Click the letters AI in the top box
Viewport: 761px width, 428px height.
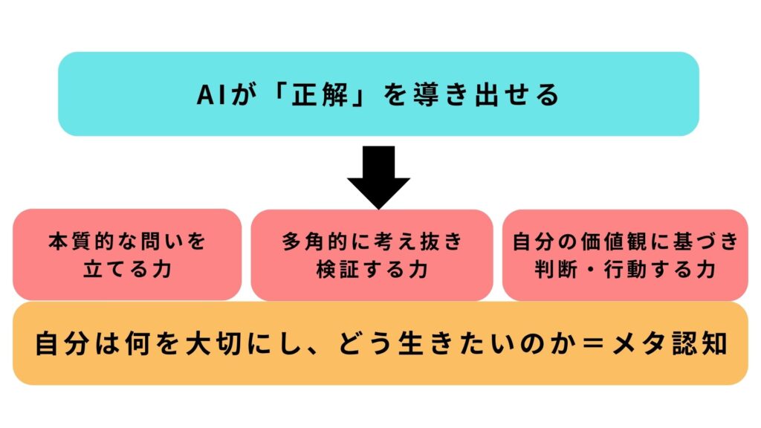coord(212,95)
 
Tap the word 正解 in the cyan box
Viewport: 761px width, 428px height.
coord(320,94)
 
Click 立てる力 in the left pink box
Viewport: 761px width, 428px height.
coord(127,269)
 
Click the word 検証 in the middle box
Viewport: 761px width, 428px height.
coord(338,269)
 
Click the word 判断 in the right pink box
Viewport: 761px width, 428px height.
coord(557,269)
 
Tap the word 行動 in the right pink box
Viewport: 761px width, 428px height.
coord(626,269)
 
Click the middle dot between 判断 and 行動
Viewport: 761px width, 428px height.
coord(591,270)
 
